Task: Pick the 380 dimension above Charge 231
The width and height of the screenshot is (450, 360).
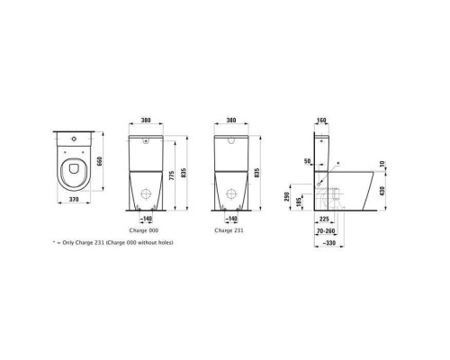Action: pos(231,120)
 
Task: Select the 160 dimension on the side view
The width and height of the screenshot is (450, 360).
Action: pos(322,120)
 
